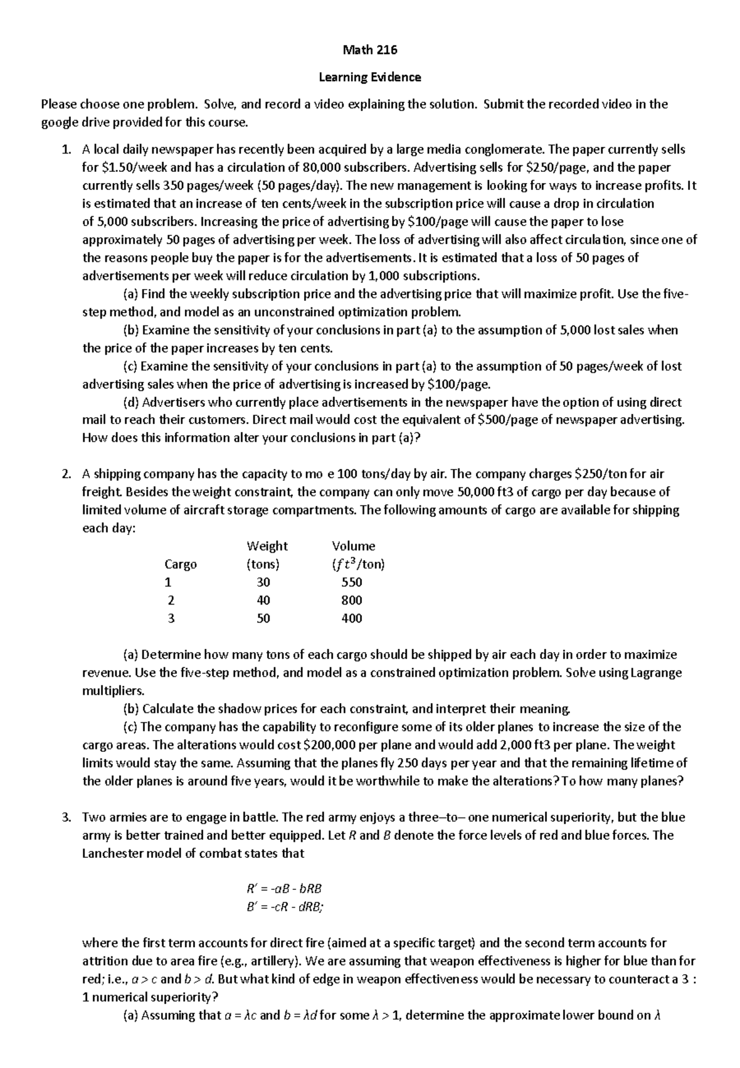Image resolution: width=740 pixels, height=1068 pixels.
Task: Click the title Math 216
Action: pos(369,51)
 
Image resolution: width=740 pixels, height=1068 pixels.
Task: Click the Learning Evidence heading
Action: pos(369,78)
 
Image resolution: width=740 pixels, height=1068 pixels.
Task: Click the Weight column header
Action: pos(266,546)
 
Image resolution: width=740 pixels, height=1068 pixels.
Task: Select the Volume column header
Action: pos(353,546)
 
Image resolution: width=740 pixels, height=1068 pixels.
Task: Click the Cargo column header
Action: pos(181,565)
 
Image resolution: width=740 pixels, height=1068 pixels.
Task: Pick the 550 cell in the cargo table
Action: pos(351,582)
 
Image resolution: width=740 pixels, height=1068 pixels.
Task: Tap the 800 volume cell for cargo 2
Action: pos(351,600)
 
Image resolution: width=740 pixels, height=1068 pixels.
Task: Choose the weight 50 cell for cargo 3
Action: pos(263,618)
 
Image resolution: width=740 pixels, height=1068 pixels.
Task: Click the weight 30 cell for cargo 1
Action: pos(263,582)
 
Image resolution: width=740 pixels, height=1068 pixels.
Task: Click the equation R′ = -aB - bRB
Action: pos(284,889)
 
